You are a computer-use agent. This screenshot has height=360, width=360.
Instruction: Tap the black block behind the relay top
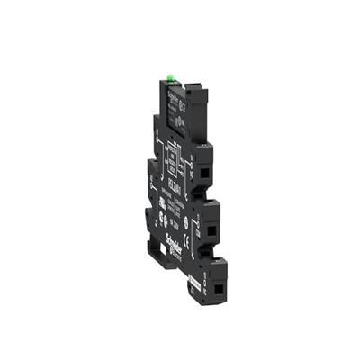192,94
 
